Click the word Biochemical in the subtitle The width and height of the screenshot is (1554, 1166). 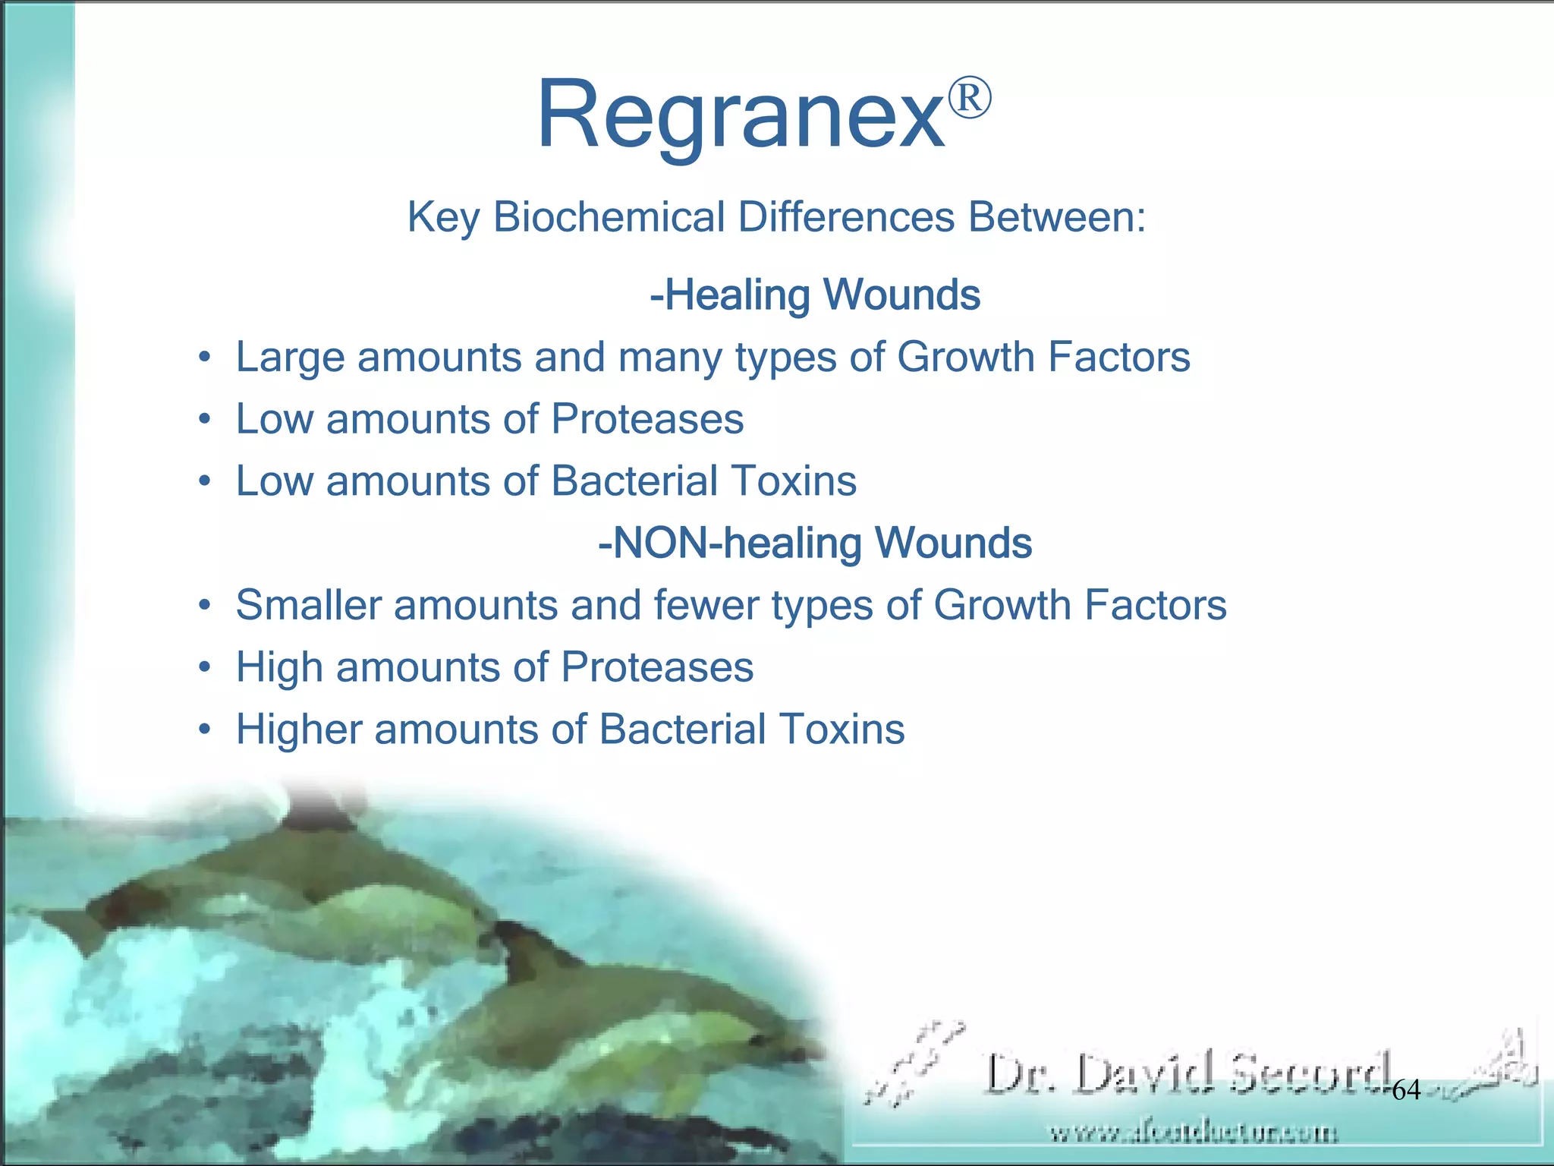pyautogui.click(x=609, y=217)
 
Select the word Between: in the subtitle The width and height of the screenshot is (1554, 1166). pyautogui.click(x=1056, y=217)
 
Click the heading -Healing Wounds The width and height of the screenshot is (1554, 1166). pyautogui.click(x=815, y=295)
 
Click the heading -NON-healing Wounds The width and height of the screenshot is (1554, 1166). pyautogui.click(x=815, y=543)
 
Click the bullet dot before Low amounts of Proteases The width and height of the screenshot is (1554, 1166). pyautogui.click(x=203, y=420)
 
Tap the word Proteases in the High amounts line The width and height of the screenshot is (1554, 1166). pyautogui.click(x=657, y=667)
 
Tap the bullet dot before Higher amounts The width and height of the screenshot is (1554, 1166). pyautogui.click(x=203, y=730)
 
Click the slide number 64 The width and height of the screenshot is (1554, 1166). pyautogui.click(x=1406, y=1091)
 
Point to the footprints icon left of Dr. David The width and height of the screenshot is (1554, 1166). pyautogui.click(x=914, y=1063)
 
